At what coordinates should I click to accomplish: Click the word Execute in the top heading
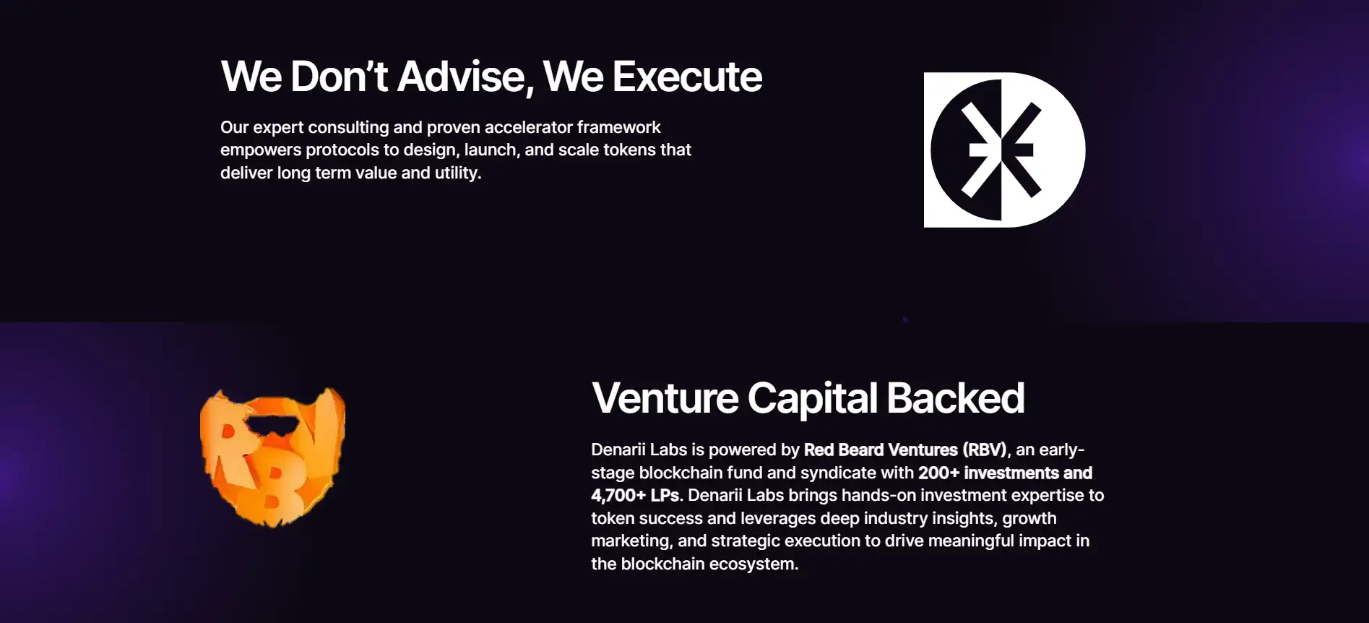pyautogui.click(x=687, y=77)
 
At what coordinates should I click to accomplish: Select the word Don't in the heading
pyautogui.click(x=340, y=77)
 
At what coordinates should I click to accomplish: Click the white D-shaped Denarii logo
pyautogui.click(x=1004, y=150)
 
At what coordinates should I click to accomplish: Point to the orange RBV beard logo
pyautogui.click(x=272, y=457)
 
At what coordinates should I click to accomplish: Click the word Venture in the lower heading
pyautogui.click(x=665, y=398)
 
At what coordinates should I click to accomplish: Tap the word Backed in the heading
pyautogui.click(x=955, y=398)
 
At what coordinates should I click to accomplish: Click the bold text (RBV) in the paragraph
pyautogui.click(x=985, y=450)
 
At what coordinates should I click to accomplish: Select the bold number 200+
pyautogui.click(x=938, y=473)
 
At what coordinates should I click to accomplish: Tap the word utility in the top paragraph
pyautogui.click(x=457, y=173)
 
